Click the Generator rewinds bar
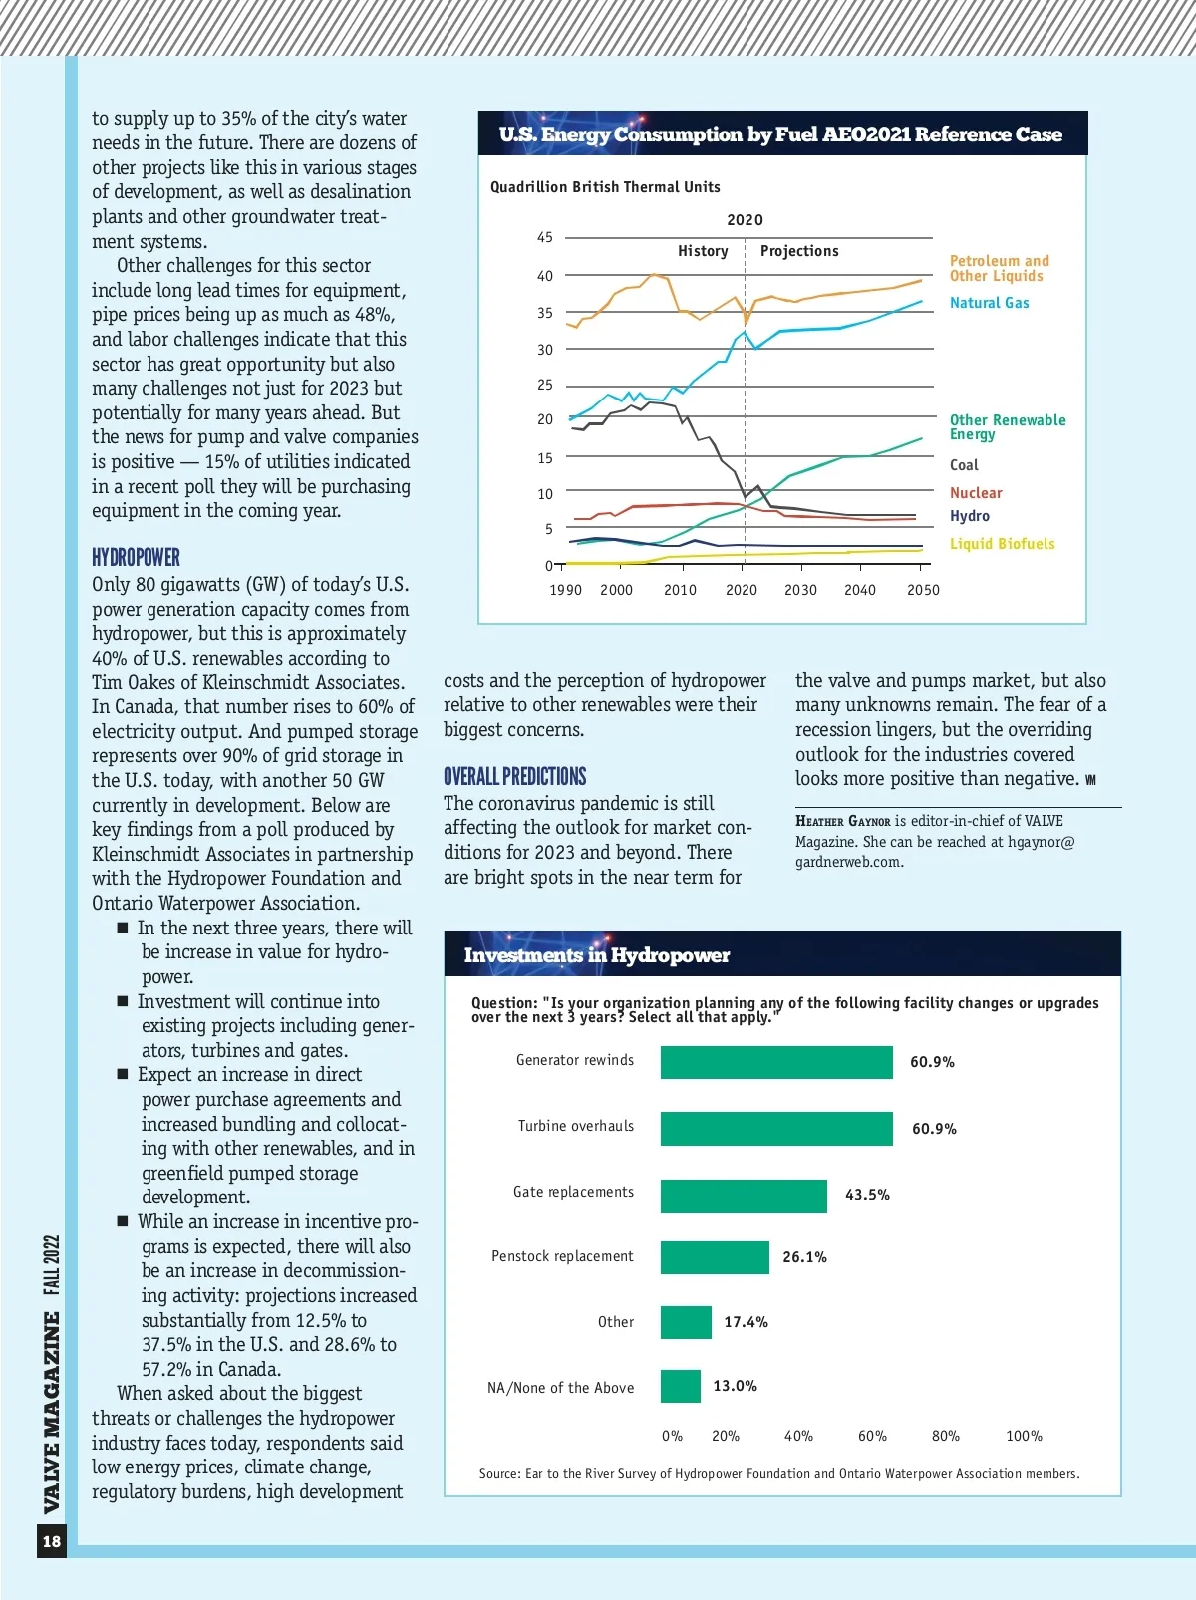tap(776, 1062)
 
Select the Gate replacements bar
tap(744, 1196)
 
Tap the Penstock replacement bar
tap(715, 1257)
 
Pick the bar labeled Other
tap(686, 1322)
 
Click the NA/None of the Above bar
tap(681, 1386)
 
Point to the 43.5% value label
tap(867, 1195)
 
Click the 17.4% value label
tap(746, 1322)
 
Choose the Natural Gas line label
tap(989, 303)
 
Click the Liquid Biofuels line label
tap(1002, 544)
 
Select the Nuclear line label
tap(976, 493)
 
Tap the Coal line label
tap(964, 465)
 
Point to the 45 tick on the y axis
tap(545, 238)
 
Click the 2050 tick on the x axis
tap(923, 590)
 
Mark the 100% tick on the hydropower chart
tap(1024, 1436)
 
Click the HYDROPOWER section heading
tap(136, 557)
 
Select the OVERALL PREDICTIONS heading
tap(514, 777)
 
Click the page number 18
tap(52, 1541)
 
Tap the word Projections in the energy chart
tap(799, 251)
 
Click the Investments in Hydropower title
tap(596, 955)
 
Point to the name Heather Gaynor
tap(842, 821)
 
